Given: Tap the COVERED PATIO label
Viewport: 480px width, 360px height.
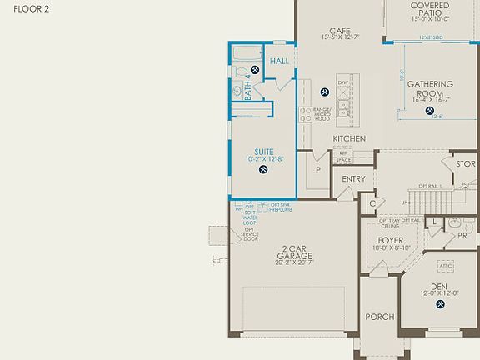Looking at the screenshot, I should tap(430, 10).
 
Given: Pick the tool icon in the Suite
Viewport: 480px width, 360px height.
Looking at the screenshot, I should tap(262, 171).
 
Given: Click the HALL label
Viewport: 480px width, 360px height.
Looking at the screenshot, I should tap(280, 61).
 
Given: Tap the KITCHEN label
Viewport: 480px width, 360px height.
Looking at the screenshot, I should tap(350, 138).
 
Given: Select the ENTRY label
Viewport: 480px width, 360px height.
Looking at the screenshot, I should tap(353, 178).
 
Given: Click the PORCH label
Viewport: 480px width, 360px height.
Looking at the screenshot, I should tap(379, 317).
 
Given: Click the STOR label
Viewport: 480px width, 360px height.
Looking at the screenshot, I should tap(465, 163).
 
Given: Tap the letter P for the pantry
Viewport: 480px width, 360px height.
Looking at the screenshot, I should tap(317, 168).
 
